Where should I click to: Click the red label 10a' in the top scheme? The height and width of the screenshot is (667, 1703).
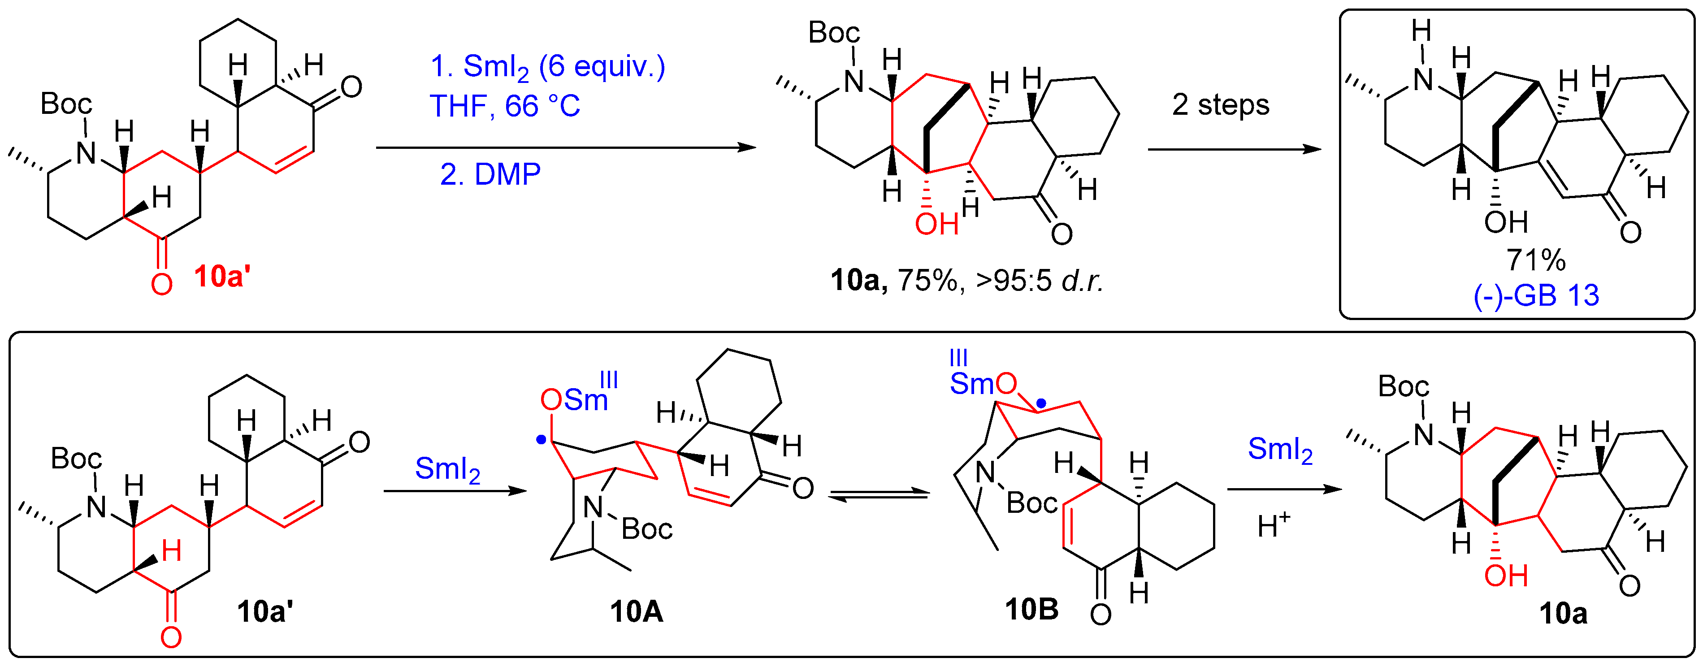(x=222, y=276)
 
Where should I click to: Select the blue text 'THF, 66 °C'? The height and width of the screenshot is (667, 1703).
(x=504, y=106)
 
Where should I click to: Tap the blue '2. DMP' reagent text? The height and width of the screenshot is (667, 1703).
(x=490, y=174)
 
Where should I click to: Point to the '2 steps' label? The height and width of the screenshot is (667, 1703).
(x=1220, y=105)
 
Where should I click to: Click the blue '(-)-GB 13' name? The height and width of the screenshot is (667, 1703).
(x=1536, y=295)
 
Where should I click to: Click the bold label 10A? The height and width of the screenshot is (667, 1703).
(x=636, y=611)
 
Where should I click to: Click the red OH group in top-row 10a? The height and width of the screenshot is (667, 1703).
(x=936, y=225)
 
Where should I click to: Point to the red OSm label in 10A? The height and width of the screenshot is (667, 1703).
(x=574, y=399)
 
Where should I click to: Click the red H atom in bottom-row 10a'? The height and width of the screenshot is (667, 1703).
(x=171, y=550)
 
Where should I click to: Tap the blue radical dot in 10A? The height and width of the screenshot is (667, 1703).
(x=542, y=438)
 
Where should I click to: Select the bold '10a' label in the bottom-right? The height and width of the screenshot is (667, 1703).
(x=1563, y=614)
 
